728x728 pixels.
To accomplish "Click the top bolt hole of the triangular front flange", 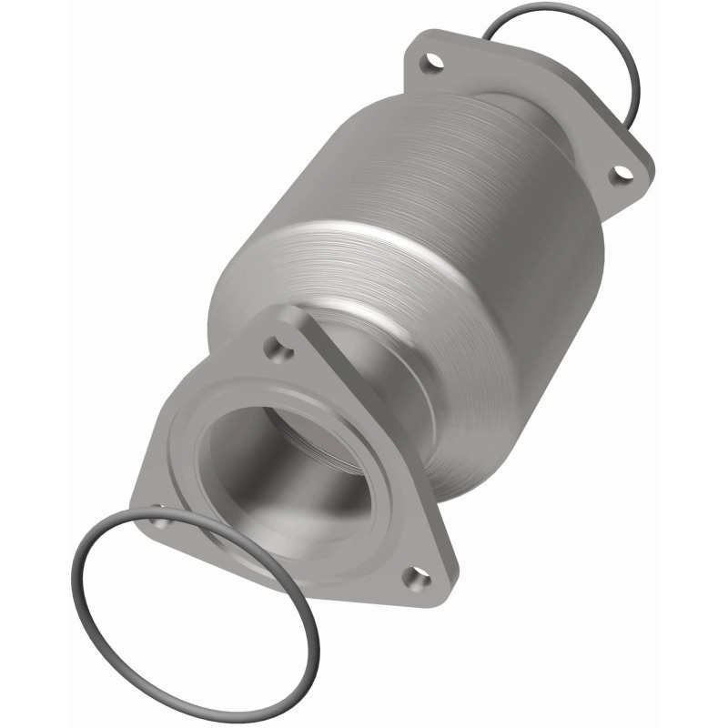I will point(276,346).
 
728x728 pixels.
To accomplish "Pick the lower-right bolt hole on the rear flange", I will point(621,172).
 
